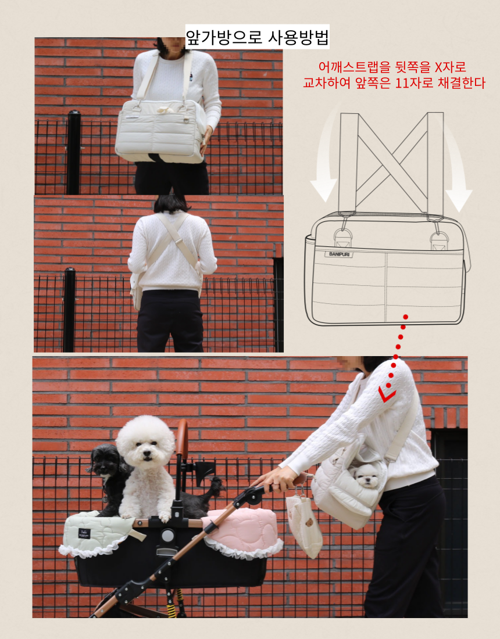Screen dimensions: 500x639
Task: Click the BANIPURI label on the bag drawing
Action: pyautogui.click(x=340, y=254)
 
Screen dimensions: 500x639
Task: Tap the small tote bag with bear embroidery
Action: pyautogui.click(x=304, y=524)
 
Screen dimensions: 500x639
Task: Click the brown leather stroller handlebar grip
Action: pyautogui.click(x=183, y=439)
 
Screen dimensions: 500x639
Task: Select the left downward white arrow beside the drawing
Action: pyautogui.click(x=326, y=155)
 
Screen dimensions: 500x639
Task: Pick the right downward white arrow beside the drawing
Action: pyautogui.click(x=456, y=163)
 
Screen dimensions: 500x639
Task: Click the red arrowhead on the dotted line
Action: pyautogui.click(x=387, y=394)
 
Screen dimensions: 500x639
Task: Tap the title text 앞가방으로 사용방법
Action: pyautogui.click(x=257, y=37)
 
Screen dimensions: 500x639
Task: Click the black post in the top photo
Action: pyautogui.click(x=73, y=152)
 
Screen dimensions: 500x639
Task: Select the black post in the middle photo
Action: pyautogui.click(x=69, y=310)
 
